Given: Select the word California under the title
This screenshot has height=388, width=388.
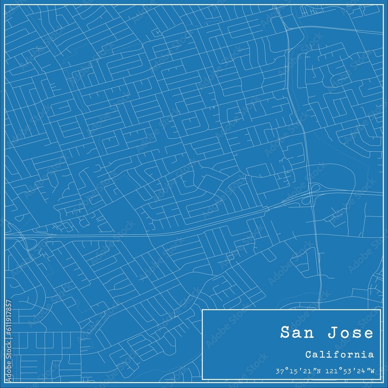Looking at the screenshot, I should point(339,354).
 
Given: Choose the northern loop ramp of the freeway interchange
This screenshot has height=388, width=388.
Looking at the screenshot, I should point(315,187).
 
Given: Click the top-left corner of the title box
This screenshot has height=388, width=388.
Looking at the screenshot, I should point(203,310).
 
